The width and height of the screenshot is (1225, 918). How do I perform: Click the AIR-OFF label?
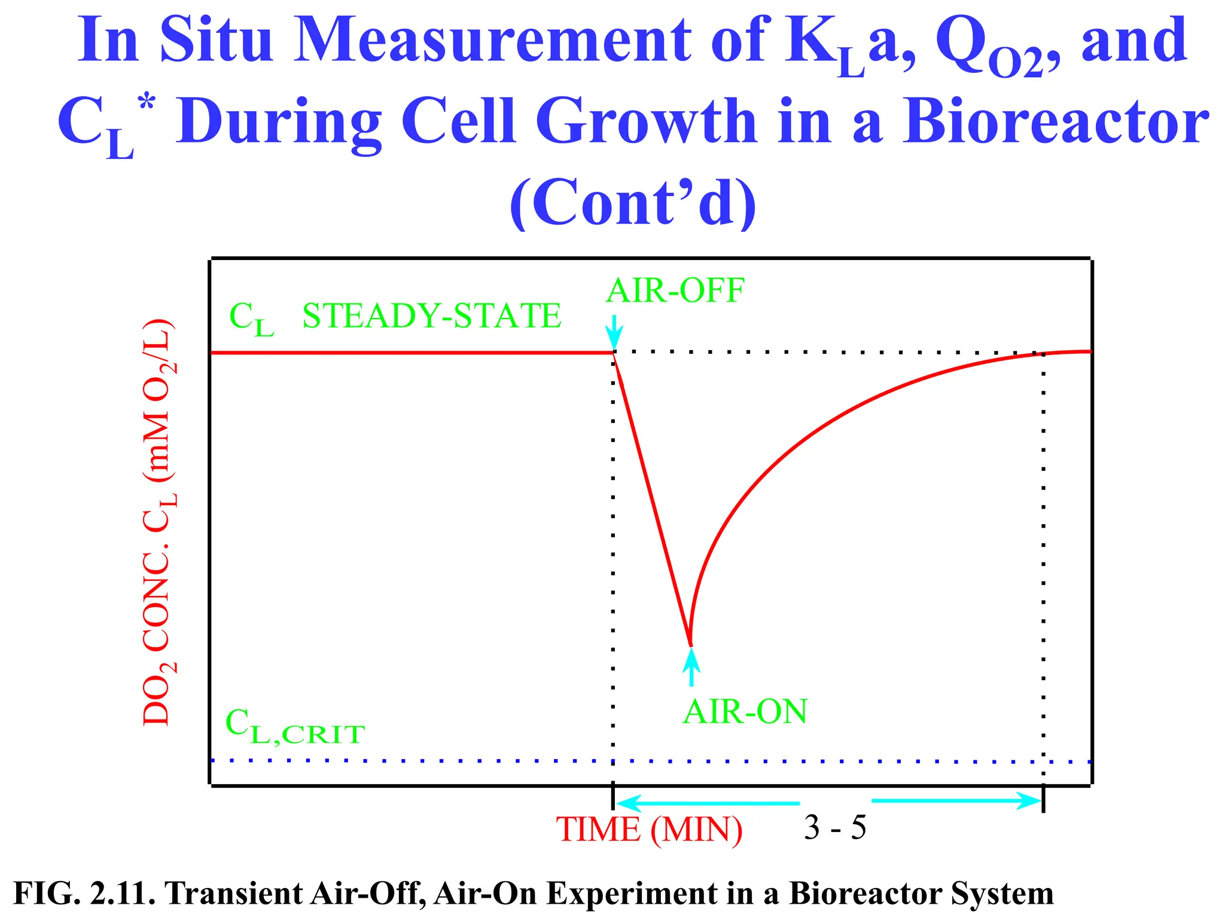(675, 292)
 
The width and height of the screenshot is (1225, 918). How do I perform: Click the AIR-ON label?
(745, 712)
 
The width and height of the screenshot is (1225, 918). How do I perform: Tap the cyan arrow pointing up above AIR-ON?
(691, 667)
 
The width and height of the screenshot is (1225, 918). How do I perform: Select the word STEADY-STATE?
(431, 316)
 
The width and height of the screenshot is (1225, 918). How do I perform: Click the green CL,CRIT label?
(295, 727)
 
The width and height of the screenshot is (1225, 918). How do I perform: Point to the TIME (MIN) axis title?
(649, 830)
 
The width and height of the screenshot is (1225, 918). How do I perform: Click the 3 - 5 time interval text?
(834, 828)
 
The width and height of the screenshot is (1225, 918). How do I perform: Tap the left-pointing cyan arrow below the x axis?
(706, 803)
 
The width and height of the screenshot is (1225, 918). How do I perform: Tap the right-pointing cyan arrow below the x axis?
(957, 801)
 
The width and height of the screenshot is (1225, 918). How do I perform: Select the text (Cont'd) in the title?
(633, 203)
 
